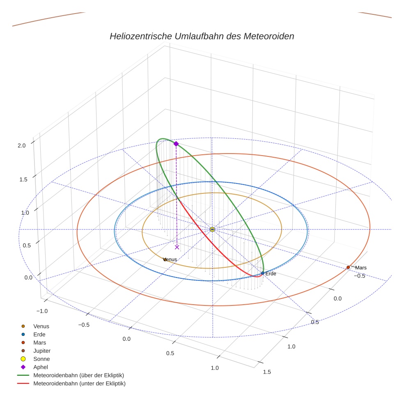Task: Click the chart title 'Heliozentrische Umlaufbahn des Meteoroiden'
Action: [202, 36]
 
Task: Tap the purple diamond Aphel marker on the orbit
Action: [176, 144]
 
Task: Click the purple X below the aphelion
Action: [177, 247]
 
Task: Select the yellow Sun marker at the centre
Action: [212, 229]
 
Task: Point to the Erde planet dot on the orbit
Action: [263, 273]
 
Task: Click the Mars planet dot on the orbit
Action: [348, 267]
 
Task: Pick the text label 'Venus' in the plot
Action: [170, 259]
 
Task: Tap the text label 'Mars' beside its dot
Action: [361, 268]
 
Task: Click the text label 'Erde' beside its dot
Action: [271, 273]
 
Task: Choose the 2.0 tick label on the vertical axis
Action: [22, 145]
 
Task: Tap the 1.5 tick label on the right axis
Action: [266, 372]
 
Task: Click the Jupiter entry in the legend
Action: [41, 351]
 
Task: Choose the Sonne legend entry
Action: [41, 359]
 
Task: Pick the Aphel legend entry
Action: [40, 367]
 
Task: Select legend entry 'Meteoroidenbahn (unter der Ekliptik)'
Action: [79, 383]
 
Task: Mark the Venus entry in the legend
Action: [41, 326]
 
